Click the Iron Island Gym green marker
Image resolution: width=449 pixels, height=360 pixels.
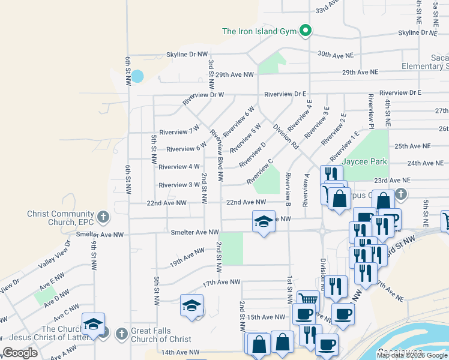[x=306, y=31]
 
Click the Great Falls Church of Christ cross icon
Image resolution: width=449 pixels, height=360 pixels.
[x=121, y=333]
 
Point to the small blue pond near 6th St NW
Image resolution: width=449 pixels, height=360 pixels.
[x=137, y=76]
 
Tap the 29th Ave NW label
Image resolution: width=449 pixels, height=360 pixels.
[x=235, y=74]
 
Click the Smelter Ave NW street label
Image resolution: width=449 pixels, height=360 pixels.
[x=194, y=232]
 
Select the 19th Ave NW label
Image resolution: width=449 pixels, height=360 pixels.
[x=187, y=257]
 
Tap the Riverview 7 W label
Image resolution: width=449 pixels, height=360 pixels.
[x=179, y=131]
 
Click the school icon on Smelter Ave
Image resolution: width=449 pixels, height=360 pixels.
[x=264, y=222]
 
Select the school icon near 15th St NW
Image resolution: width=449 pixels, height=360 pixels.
[x=191, y=305]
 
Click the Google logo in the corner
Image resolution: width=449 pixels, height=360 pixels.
[x=20, y=353]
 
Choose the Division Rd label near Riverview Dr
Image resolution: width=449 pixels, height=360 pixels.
[x=286, y=136]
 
